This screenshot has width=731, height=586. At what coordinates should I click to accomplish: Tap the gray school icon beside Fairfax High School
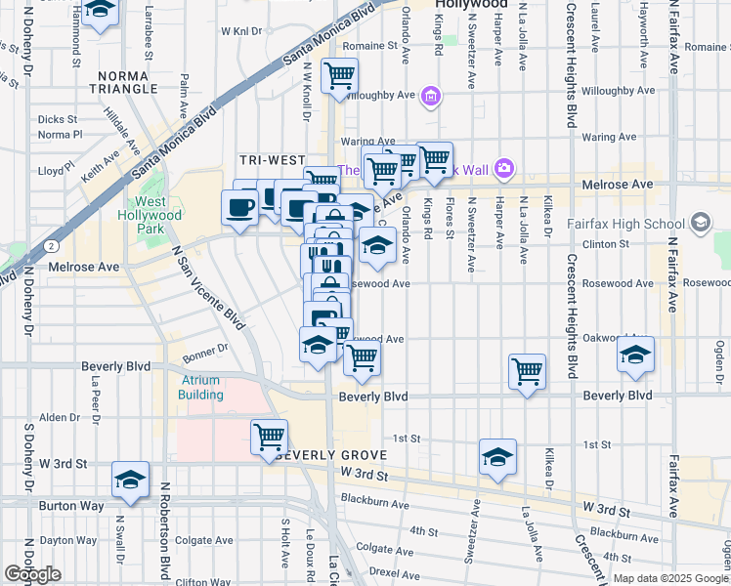tap(700, 224)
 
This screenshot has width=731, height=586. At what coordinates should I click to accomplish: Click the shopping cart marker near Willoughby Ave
tap(339, 75)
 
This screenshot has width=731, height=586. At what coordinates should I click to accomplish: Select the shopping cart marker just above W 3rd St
tap(269, 436)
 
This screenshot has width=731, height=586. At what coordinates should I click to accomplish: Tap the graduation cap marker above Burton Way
tap(130, 480)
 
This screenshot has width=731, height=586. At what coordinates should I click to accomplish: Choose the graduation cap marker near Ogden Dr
tap(635, 355)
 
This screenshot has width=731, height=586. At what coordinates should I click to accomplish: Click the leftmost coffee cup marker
tap(240, 206)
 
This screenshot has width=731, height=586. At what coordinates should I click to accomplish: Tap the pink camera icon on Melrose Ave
tap(504, 168)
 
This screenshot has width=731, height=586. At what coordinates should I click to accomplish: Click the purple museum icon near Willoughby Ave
tap(431, 97)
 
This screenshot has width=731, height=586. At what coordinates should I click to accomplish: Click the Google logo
tap(32, 574)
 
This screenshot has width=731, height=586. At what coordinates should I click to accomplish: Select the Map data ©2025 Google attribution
tap(669, 578)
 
